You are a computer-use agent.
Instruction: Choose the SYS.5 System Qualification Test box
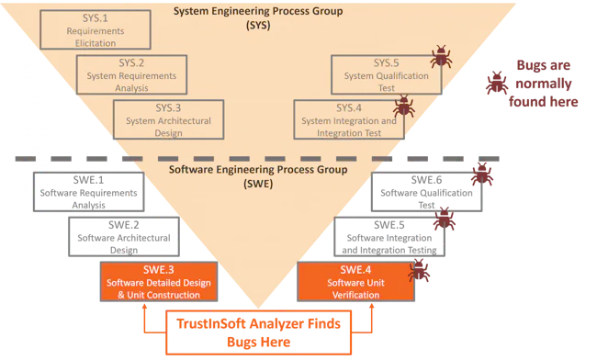tap(386, 74)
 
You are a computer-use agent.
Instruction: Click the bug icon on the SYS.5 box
tap(443, 57)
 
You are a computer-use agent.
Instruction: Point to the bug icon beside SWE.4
tap(422, 270)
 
